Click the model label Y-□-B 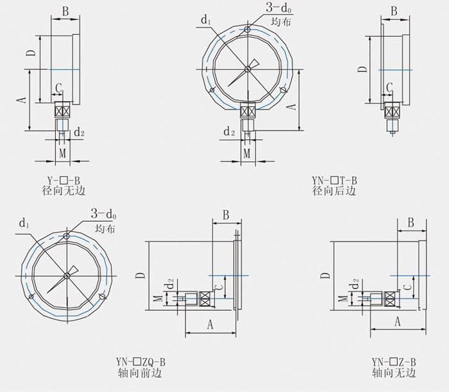point(64,181)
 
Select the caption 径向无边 point(64,190)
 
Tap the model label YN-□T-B point(334,181)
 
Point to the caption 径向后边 point(334,190)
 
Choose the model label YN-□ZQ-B point(140,363)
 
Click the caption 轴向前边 point(140,373)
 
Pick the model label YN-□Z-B point(394,363)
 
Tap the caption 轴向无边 point(394,373)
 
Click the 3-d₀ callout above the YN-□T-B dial point(279,8)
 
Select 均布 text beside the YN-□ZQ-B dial point(105,229)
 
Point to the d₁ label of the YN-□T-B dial point(206,20)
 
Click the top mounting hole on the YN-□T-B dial point(248,29)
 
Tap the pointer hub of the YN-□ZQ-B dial point(67,275)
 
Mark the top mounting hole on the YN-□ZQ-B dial point(67,236)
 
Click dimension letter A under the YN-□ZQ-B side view point(210,325)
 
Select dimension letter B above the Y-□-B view point(65,12)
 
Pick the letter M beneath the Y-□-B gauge point(62,153)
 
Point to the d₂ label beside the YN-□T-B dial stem point(229,132)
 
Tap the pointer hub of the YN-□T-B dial point(248,69)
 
